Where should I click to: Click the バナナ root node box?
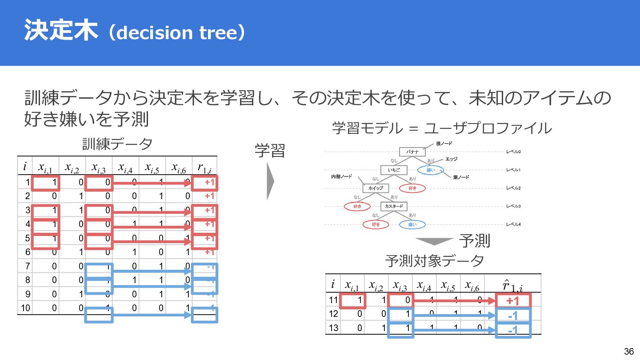point(412,152)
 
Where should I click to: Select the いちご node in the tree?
point(394,170)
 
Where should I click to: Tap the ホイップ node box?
point(376,188)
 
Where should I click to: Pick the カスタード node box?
point(394,207)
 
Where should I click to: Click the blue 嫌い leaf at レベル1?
point(431,170)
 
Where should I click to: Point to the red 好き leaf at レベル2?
point(412,188)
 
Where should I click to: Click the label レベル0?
point(513,152)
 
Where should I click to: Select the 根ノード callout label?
point(444,144)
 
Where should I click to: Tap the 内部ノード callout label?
point(341,177)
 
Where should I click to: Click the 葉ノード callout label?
point(461,177)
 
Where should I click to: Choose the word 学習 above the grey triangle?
point(270,151)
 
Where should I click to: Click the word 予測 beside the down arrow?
point(475,241)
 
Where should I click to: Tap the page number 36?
point(628,351)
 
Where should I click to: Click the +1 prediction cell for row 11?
point(513,301)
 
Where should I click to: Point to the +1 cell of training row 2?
point(210,196)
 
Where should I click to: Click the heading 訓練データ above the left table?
point(117,144)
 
